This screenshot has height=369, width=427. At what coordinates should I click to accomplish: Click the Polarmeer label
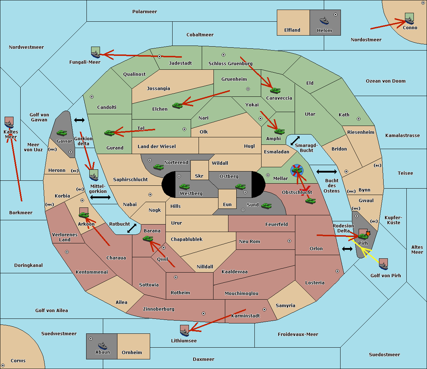pyautogui.click(x=144, y=12)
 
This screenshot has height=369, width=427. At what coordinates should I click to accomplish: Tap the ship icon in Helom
pyautogui.click(x=324, y=20)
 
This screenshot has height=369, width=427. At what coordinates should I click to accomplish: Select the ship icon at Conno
pyautogui.click(x=410, y=19)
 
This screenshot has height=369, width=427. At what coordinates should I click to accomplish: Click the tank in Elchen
pyautogui.click(x=177, y=105)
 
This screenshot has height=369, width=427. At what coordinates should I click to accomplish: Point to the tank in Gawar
pyautogui.click(x=62, y=133)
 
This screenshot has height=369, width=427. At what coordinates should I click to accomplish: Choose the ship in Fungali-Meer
pyautogui.click(x=95, y=53)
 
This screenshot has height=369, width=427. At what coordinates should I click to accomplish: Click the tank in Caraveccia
pyautogui.click(x=275, y=90)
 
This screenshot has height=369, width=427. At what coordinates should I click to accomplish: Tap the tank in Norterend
pyautogui.click(x=158, y=167)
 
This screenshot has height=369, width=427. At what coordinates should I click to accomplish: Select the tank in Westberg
pyautogui.click(x=184, y=186)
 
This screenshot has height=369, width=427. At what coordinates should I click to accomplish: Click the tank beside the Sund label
pyautogui.click(x=266, y=206)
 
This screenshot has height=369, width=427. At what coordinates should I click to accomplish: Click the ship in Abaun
pyautogui.click(x=102, y=345)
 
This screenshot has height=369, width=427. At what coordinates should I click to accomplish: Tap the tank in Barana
pyautogui.click(x=148, y=239)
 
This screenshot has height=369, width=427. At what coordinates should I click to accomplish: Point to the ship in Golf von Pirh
pyautogui.click(x=383, y=264)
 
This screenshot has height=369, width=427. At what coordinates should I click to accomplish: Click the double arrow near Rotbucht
pyautogui.click(x=132, y=228)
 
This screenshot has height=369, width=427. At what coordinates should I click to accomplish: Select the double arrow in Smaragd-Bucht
pyautogui.click(x=295, y=141)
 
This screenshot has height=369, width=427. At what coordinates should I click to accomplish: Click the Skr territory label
pyautogui.click(x=199, y=176)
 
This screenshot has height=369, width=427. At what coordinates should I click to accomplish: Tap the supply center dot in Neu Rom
pyautogui.click(x=289, y=241)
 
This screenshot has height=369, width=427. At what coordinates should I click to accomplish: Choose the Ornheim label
pyautogui.click(x=132, y=352)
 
